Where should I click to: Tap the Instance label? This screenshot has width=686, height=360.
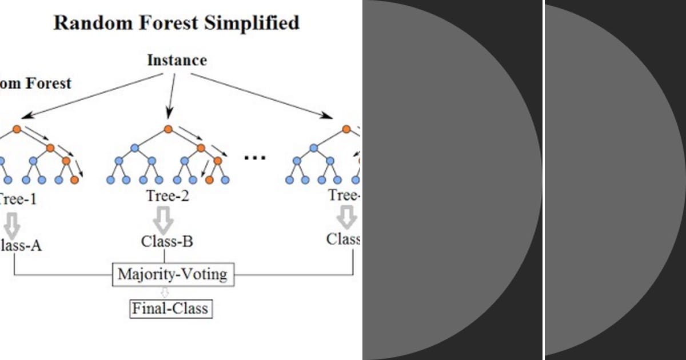point(177,60)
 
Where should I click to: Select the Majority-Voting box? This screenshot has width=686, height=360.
point(172,274)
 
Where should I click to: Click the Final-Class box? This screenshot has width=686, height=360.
point(170,309)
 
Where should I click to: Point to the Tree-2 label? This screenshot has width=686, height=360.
point(167,196)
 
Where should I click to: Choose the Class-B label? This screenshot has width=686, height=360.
point(167,241)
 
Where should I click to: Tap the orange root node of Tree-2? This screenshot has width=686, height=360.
point(168,129)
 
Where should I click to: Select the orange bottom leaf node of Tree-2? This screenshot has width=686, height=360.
point(209,180)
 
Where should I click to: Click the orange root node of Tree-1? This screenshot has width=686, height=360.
point(17,129)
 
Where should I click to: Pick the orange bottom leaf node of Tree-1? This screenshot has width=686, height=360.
point(74,180)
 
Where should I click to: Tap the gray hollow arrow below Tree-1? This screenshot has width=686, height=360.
point(12,222)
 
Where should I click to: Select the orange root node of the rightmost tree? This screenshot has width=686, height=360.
point(346,129)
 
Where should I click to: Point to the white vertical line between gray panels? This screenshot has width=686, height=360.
point(543,180)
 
